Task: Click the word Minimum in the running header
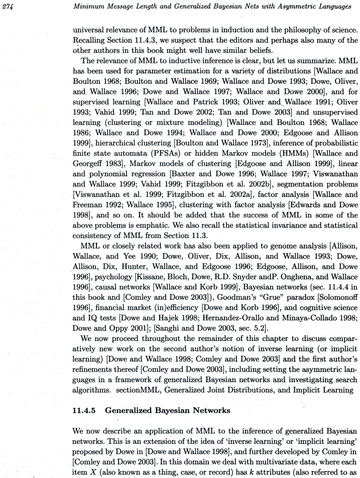pos(89,6)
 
